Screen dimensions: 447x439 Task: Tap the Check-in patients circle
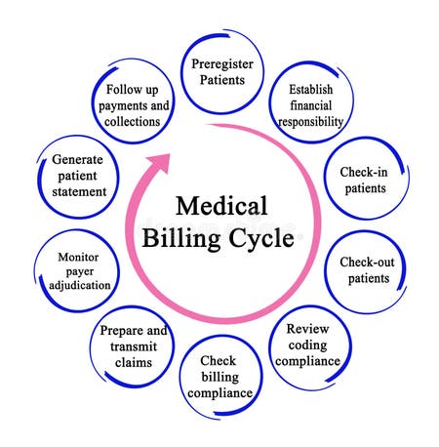coord(363,180)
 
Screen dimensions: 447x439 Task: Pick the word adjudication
coord(76,286)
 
